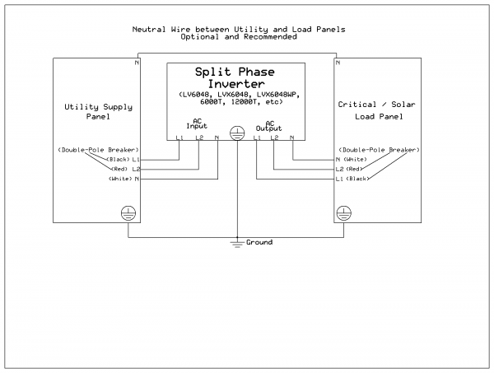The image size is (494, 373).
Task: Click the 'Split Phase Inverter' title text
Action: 239,77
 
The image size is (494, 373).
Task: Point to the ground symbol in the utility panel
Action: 128,212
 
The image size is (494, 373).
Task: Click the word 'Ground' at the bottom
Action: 259,243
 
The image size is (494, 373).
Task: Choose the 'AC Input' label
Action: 197,124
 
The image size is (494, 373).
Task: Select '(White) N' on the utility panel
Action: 124,179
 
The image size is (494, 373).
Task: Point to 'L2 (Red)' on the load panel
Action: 352,169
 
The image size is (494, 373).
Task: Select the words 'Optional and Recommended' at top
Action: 239,37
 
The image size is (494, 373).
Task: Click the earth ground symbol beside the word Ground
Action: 238,242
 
